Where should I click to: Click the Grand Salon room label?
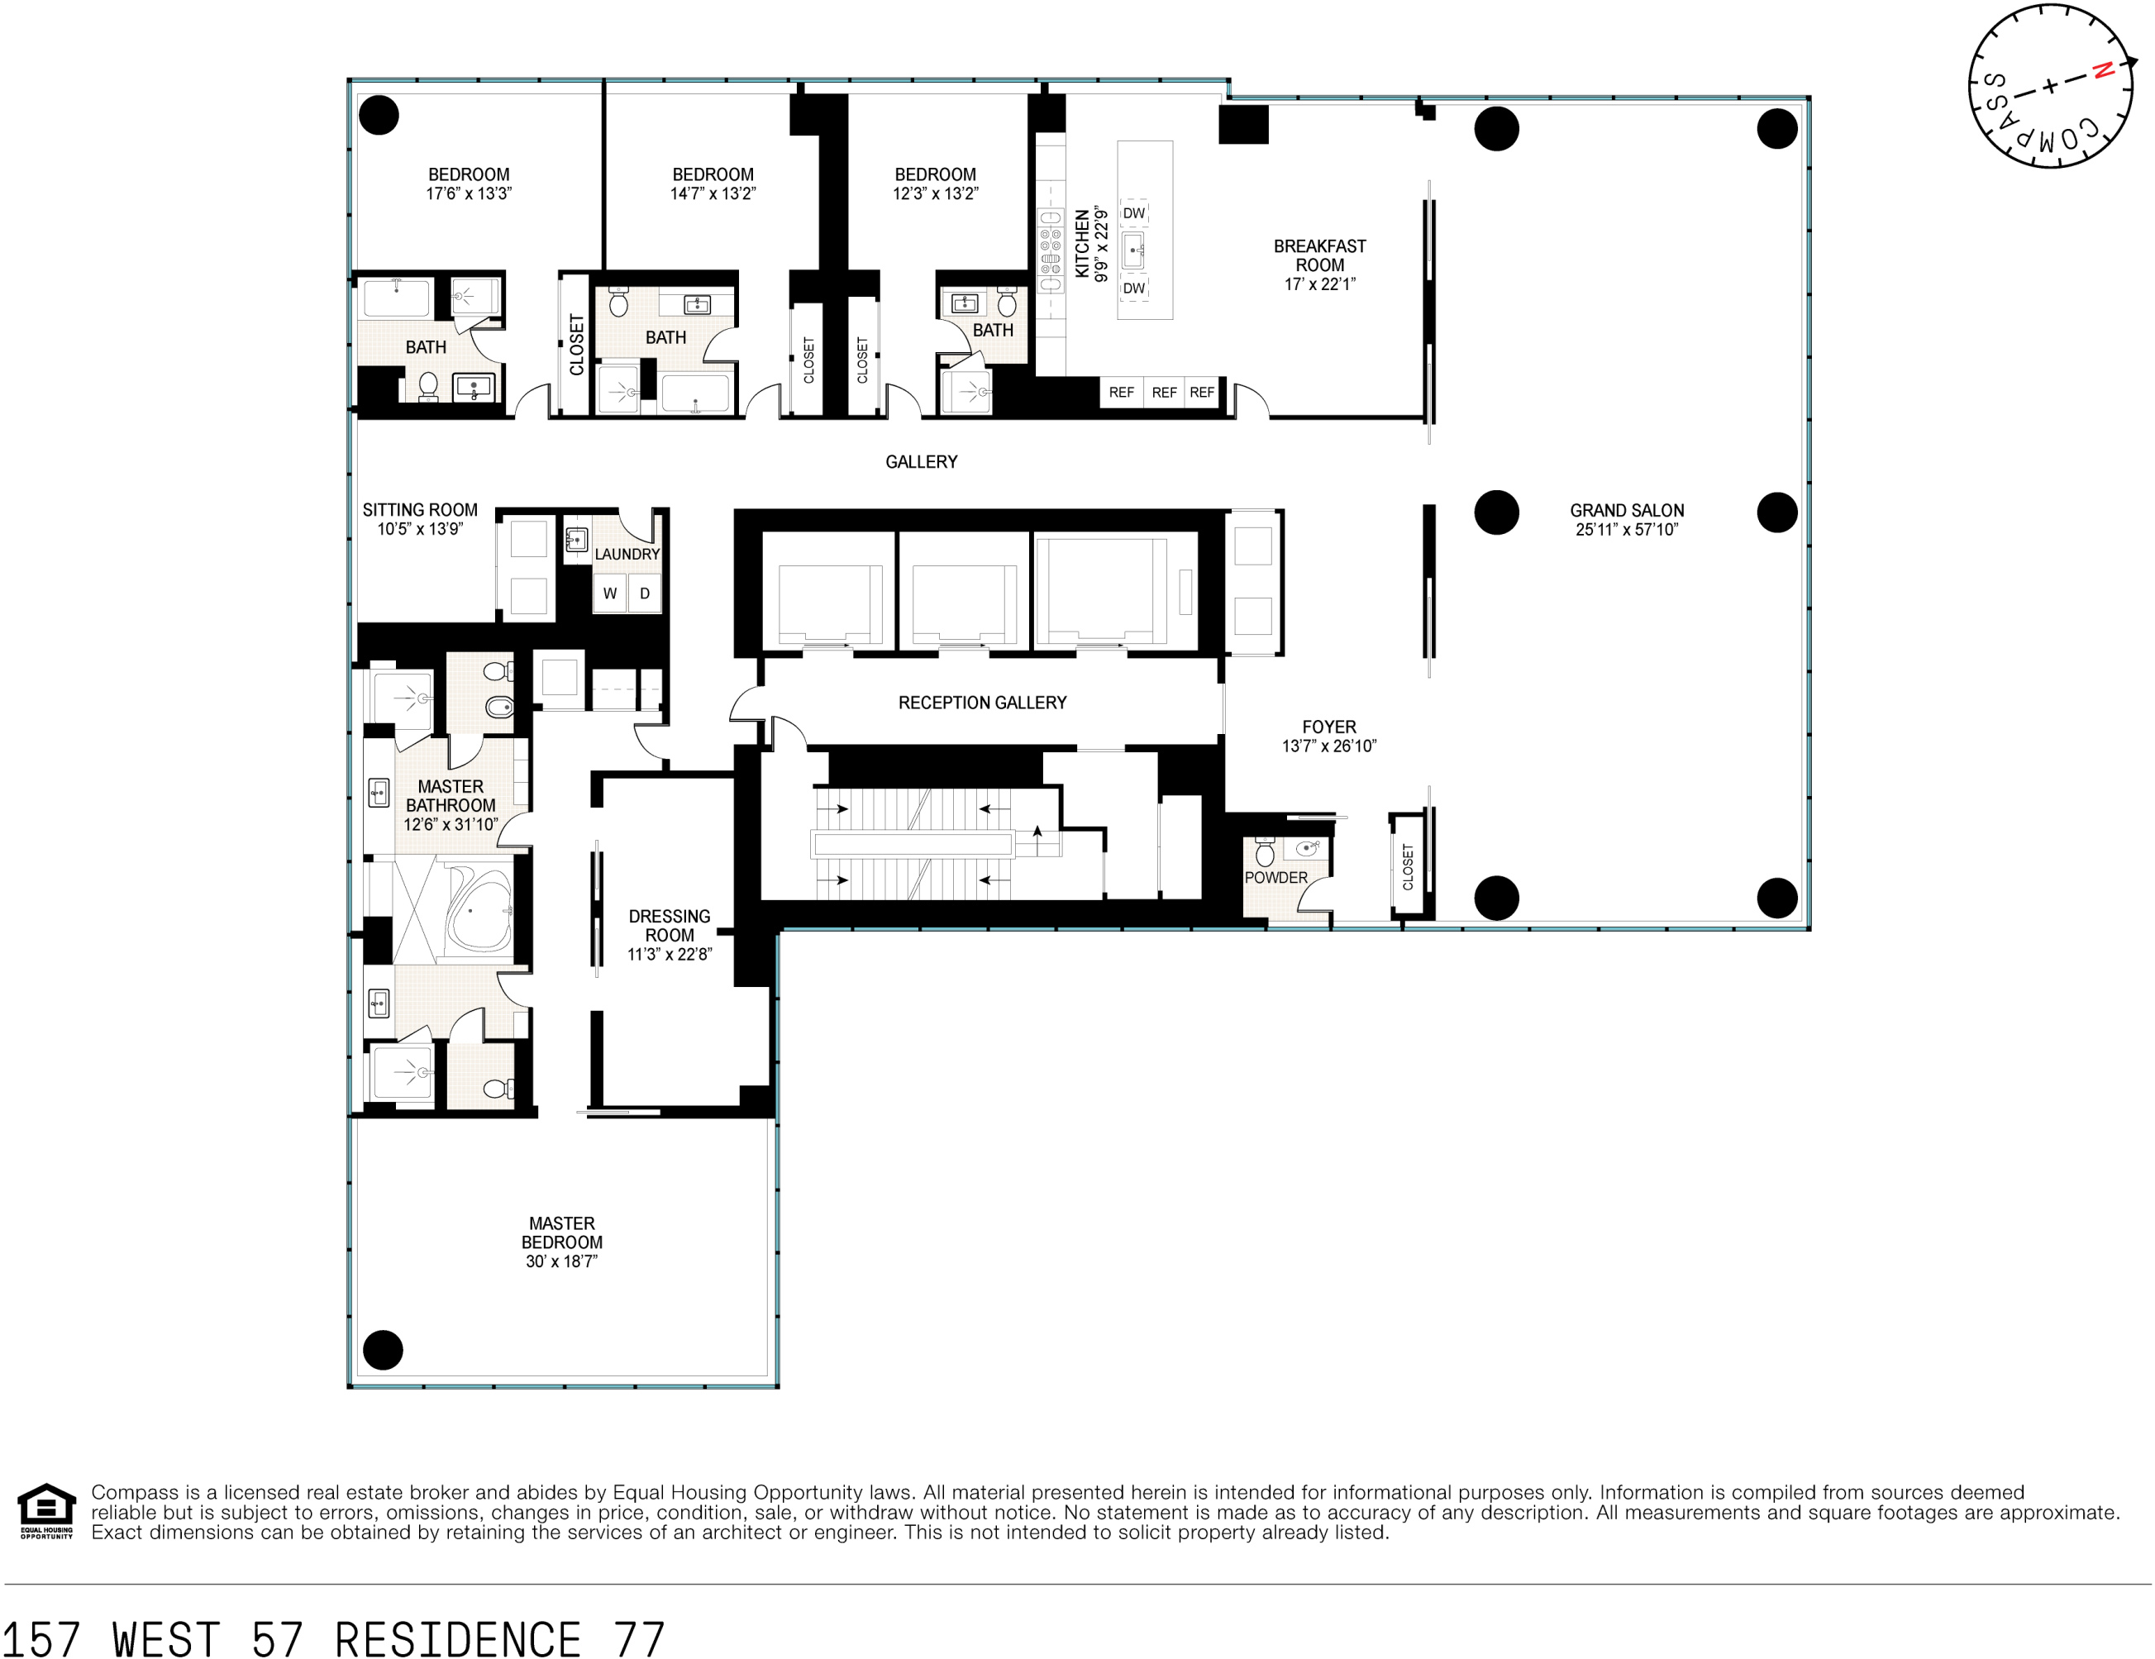[1626, 510]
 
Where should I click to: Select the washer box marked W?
[610, 594]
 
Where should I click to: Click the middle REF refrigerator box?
[1163, 392]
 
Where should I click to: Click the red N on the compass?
[2103, 71]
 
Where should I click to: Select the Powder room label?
[1275, 877]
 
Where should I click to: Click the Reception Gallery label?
[982, 703]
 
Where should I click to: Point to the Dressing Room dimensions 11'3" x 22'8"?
[669, 955]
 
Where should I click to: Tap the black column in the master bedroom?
[383, 1349]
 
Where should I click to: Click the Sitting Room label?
[419, 509]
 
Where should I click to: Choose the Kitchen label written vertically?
[1081, 243]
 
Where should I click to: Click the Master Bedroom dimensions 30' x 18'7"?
[561, 1261]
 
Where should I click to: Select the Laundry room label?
[627, 554]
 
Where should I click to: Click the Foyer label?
[1328, 727]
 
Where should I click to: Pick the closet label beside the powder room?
[1408, 866]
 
